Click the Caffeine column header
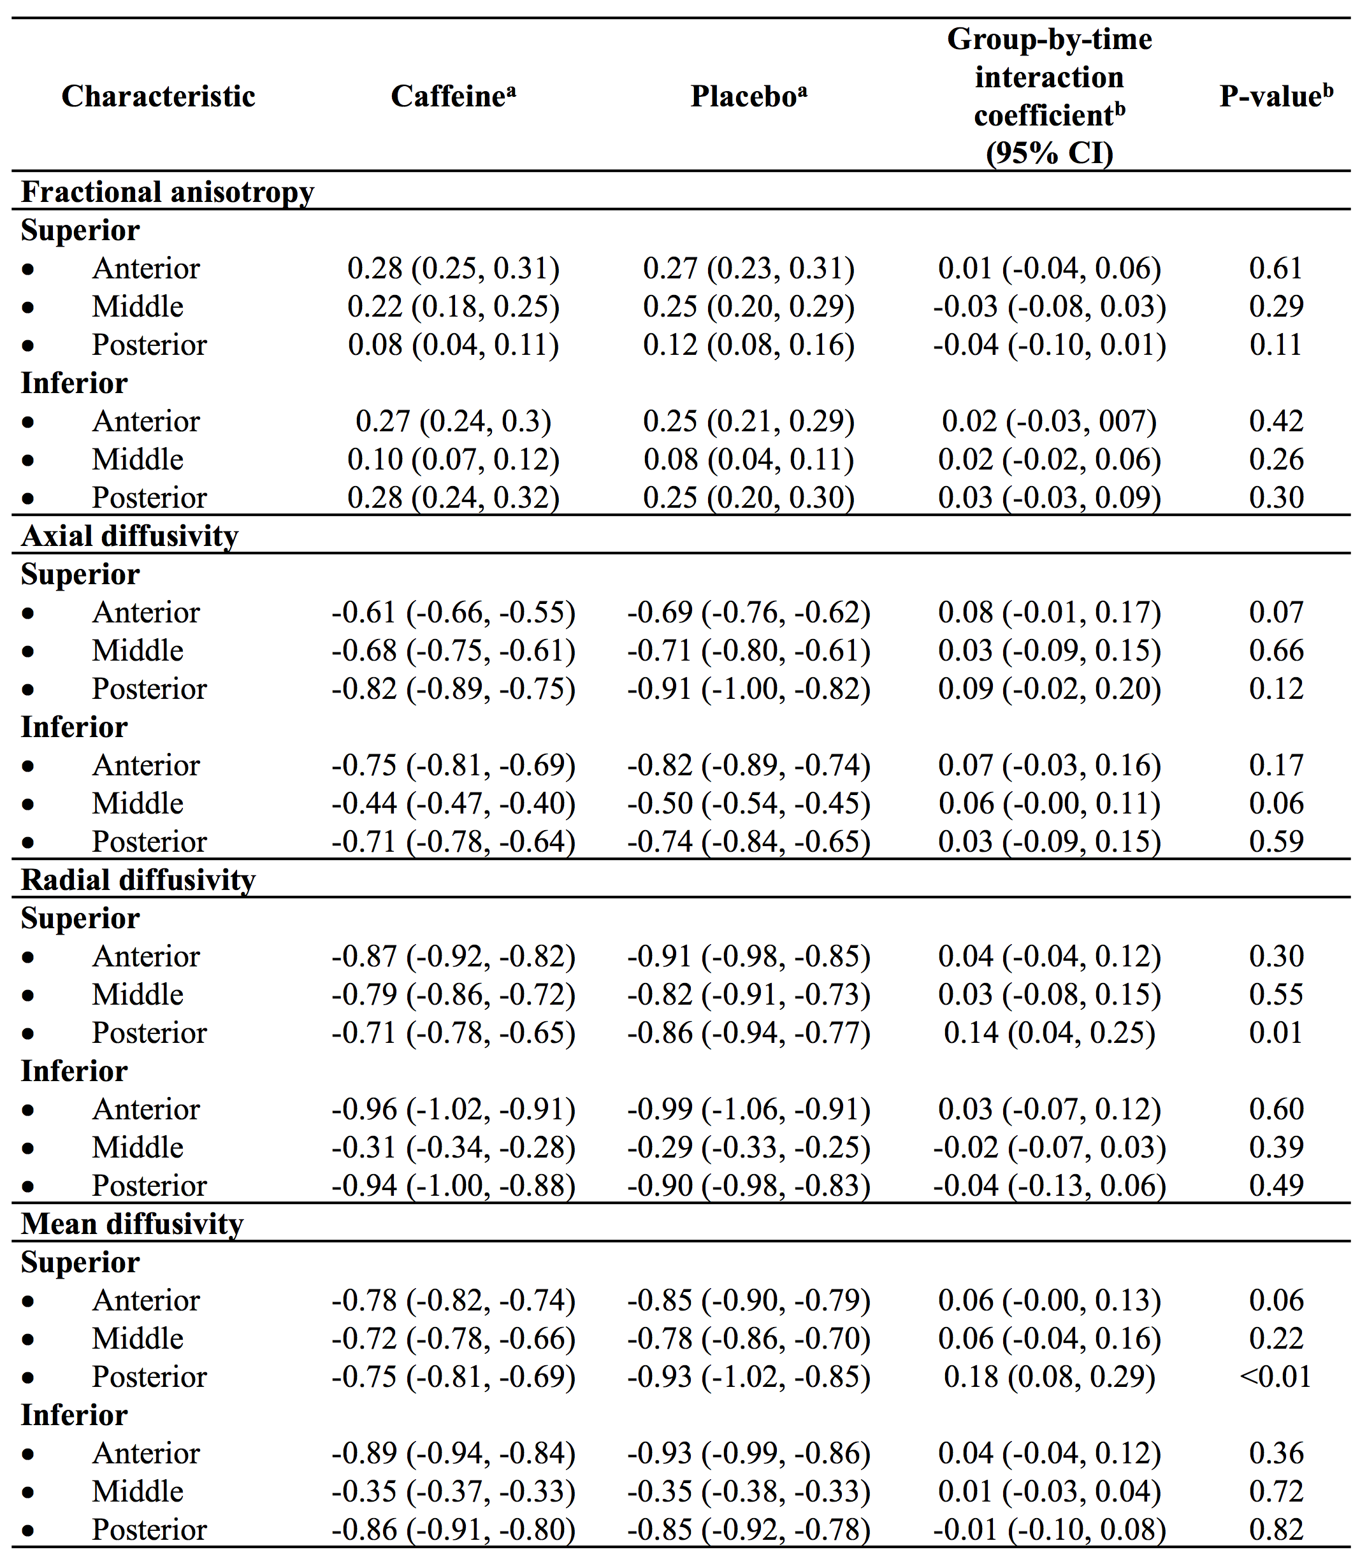[453, 96]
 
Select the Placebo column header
[748, 96]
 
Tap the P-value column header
[1276, 96]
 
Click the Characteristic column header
[158, 96]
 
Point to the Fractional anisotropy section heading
[167, 192]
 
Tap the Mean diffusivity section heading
[132, 1223]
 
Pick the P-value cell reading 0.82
[1276, 1529]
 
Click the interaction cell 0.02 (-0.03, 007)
[1049, 421]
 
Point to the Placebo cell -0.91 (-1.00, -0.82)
[748, 688]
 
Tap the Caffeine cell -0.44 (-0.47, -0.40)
[453, 803]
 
